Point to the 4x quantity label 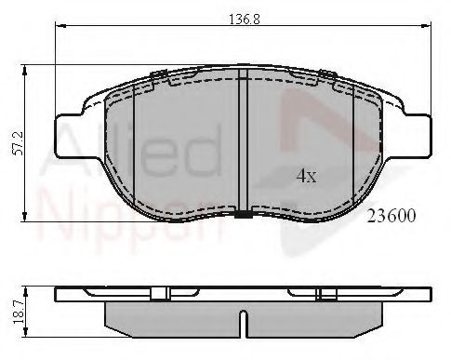coord(306,174)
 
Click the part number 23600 coord(391,214)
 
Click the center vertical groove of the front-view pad coord(242,140)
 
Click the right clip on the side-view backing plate coord(325,293)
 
